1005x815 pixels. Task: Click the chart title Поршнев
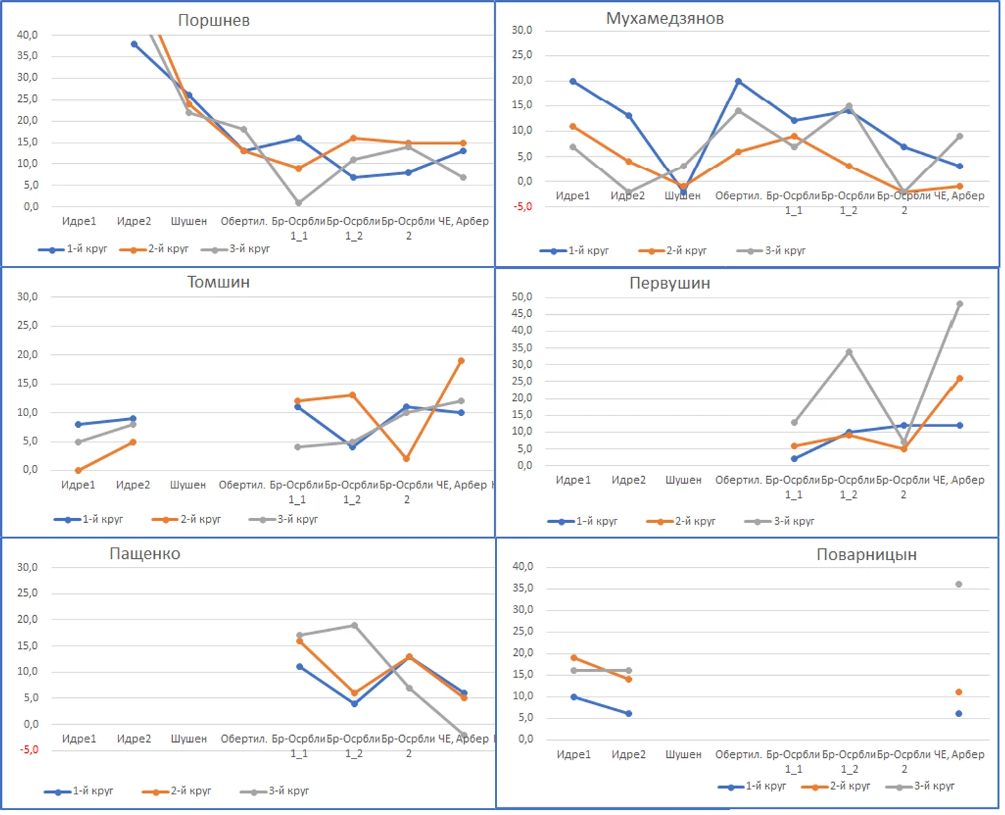tap(213, 21)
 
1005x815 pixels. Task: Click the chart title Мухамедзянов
tap(664, 19)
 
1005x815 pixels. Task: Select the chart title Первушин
tap(669, 283)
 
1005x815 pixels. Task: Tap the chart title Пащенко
tap(145, 554)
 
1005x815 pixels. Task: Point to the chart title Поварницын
tap(866, 555)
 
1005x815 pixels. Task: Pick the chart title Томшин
tap(218, 282)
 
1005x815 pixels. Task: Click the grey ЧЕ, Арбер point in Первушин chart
tap(959, 304)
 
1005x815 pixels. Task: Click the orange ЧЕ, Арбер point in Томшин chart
tap(461, 360)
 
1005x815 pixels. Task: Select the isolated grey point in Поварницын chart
tap(959, 584)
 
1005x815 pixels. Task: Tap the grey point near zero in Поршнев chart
tap(299, 203)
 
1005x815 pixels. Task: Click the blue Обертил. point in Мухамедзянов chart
tap(739, 81)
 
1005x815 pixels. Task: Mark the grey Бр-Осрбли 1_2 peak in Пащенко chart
tap(355, 626)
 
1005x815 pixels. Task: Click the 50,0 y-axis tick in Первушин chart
tap(522, 297)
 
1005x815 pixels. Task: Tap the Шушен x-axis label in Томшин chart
tap(188, 485)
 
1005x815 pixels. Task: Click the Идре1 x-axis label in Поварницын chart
tap(573, 754)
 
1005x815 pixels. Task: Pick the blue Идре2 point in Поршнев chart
tap(134, 44)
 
